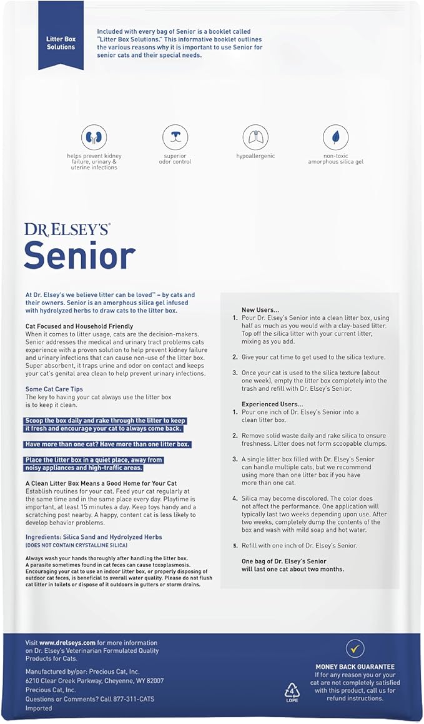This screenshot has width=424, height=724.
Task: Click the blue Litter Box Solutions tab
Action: [61, 43]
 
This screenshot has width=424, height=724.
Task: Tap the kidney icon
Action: [94, 137]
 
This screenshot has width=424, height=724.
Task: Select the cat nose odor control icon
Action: [175, 137]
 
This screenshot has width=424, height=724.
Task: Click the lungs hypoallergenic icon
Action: [255, 137]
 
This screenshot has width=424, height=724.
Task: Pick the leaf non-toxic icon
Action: [335, 137]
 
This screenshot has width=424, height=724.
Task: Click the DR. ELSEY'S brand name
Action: [67, 229]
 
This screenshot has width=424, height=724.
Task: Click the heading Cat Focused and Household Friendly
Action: [79, 326]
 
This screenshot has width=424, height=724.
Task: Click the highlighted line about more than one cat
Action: [107, 444]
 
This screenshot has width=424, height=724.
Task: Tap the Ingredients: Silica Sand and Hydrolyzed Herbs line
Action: [94, 536]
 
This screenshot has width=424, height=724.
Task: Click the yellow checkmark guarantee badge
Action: [355, 648]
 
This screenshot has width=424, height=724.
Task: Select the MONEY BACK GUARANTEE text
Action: [355, 667]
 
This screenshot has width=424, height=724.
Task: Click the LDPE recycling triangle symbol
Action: [292, 690]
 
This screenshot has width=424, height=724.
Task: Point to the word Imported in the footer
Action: [39, 708]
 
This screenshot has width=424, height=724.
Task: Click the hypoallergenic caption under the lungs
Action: [255, 156]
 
